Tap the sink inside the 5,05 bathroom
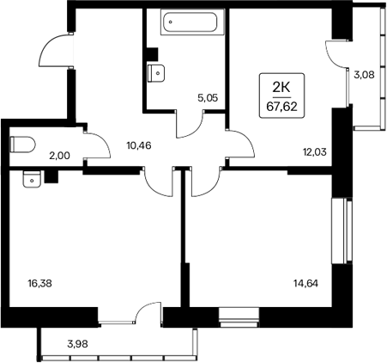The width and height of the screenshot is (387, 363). [155, 73]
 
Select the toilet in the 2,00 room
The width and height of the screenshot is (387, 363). [20, 143]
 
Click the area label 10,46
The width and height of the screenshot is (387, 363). [137, 145]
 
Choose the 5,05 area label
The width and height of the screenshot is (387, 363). [207, 98]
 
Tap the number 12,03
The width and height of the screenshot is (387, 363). [314, 153]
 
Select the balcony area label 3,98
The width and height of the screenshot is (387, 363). [79, 346]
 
